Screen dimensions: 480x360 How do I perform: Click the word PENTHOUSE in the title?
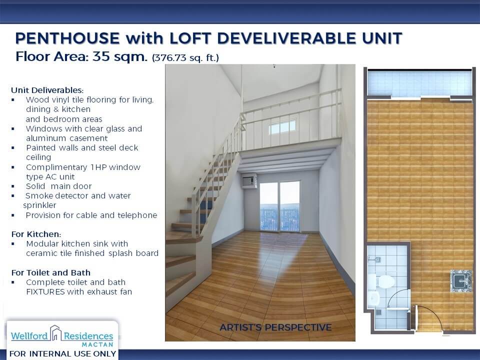click(67, 38)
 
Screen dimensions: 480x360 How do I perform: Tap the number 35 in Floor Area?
click(101, 56)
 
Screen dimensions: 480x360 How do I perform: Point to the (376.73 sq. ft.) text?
click(185, 57)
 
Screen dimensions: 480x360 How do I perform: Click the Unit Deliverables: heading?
click(47, 90)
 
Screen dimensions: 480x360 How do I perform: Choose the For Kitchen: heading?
click(36, 234)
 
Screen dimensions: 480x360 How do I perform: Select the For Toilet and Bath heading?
click(51, 272)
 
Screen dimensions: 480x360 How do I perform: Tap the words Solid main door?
click(59, 186)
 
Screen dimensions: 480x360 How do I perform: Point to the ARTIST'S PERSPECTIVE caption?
click(275, 327)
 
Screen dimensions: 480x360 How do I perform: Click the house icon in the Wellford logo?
click(55, 333)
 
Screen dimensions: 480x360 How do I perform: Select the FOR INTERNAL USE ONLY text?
click(63, 354)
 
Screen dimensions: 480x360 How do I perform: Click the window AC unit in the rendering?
click(249, 180)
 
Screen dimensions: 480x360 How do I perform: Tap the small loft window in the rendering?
click(282, 127)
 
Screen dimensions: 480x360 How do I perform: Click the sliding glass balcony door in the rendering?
click(279, 206)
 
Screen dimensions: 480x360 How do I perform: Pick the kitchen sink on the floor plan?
click(460, 280)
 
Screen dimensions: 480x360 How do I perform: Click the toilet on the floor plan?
click(381, 281)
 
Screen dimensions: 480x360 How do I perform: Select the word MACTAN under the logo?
click(97, 344)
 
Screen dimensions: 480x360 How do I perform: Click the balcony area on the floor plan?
click(419, 83)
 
